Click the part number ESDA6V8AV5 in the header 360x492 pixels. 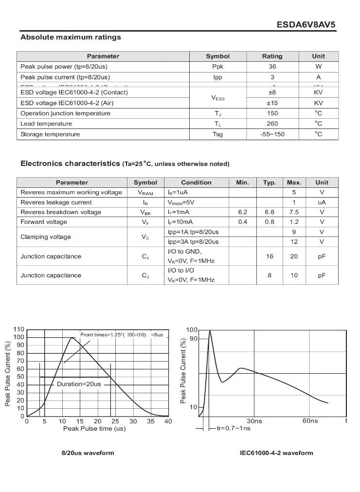[x=306, y=25]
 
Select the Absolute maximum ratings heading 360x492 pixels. [x=71, y=37]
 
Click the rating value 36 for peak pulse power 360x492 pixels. [x=272, y=67]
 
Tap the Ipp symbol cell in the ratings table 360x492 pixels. [x=217, y=77]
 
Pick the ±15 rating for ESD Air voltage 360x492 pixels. [x=272, y=103]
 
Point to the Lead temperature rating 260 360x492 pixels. [x=272, y=124]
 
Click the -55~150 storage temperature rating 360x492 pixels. [x=272, y=134]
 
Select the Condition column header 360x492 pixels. [x=196, y=182]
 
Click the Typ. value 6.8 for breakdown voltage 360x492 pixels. [x=270, y=212]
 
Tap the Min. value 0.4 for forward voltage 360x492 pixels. [x=242, y=222]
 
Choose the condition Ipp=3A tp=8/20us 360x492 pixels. [x=193, y=242]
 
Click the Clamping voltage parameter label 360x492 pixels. [x=45, y=237]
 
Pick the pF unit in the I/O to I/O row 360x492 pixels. [x=322, y=275]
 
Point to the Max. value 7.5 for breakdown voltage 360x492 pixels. [x=294, y=212]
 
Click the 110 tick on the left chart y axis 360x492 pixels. [x=19, y=329]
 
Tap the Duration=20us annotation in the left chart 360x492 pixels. [x=79, y=384]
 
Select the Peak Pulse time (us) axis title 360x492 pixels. [x=94, y=429]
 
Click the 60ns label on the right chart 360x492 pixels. [x=310, y=421]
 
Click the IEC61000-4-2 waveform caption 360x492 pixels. [x=276, y=453]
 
